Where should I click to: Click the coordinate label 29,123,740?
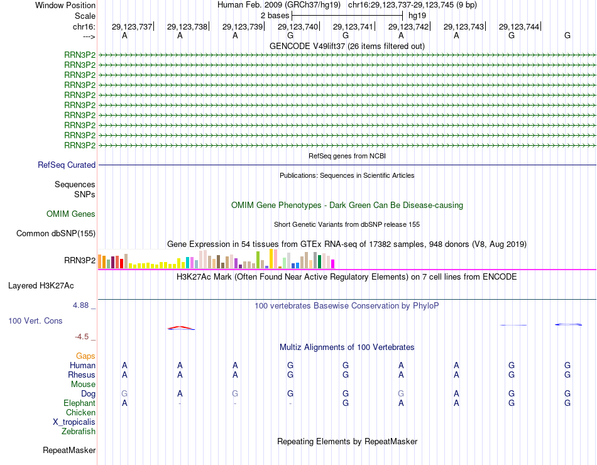(x=298, y=26)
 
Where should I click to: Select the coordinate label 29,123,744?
(x=519, y=26)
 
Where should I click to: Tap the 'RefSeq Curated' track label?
(x=67, y=165)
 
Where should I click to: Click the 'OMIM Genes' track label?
(x=71, y=214)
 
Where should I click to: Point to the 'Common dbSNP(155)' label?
(x=56, y=234)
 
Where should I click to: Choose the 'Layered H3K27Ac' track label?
(x=41, y=285)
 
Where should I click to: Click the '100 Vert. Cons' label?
(x=36, y=320)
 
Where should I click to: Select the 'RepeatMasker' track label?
(x=69, y=450)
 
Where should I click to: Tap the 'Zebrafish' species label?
(x=79, y=432)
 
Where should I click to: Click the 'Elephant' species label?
(x=79, y=403)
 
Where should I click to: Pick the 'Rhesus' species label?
(x=82, y=375)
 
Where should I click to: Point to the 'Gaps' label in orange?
(x=85, y=356)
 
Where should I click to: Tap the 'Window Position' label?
(x=65, y=5)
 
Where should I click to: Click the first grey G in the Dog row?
(x=124, y=393)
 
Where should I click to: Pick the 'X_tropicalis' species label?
(x=74, y=422)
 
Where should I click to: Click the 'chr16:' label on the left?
(x=84, y=26)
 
